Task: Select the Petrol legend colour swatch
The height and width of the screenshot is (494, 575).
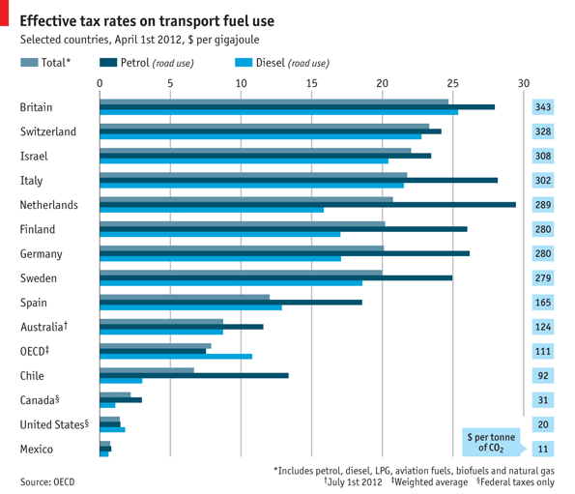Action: coord(110,63)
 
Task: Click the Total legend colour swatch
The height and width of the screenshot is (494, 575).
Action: coord(29,63)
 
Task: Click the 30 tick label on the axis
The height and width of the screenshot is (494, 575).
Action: coord(524,83)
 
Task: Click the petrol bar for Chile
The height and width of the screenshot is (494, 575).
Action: coord(193,375)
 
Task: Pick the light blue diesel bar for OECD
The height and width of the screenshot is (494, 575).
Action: coord(176,357)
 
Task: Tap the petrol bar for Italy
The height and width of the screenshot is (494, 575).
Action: coord(299,180)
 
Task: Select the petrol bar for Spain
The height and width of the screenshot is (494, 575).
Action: coord(231,302)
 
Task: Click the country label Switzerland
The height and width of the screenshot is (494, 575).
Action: coord(47,131)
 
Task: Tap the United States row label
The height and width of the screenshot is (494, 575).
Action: coord(54,424)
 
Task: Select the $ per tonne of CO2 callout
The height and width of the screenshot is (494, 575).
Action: coord(491,442)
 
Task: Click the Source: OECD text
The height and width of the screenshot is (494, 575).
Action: coord(46,480)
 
